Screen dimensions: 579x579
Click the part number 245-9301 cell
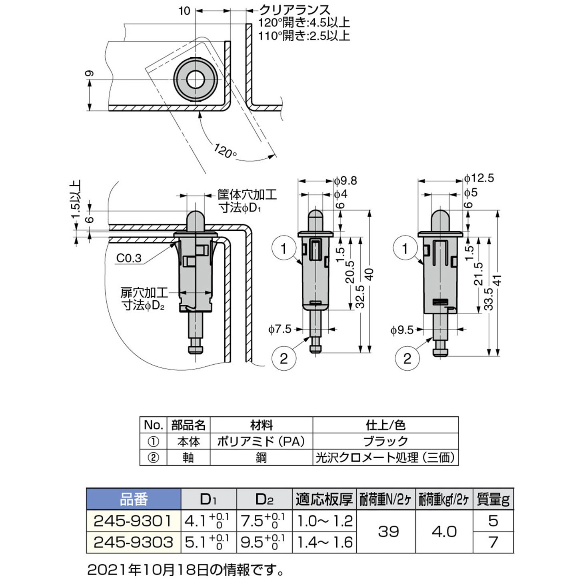(134, 521)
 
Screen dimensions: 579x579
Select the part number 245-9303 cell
(134, 542)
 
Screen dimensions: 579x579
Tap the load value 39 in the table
(388, 531)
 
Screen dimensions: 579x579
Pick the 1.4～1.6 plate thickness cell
(325, 542)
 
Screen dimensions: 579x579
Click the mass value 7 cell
(493, 542)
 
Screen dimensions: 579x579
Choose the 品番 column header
(134, 499)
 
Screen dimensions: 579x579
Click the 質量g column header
(493, 499)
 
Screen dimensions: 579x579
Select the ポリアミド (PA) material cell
(261, 441)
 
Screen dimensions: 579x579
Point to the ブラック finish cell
(385, 441)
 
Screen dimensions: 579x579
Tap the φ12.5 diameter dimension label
(479, 178)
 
